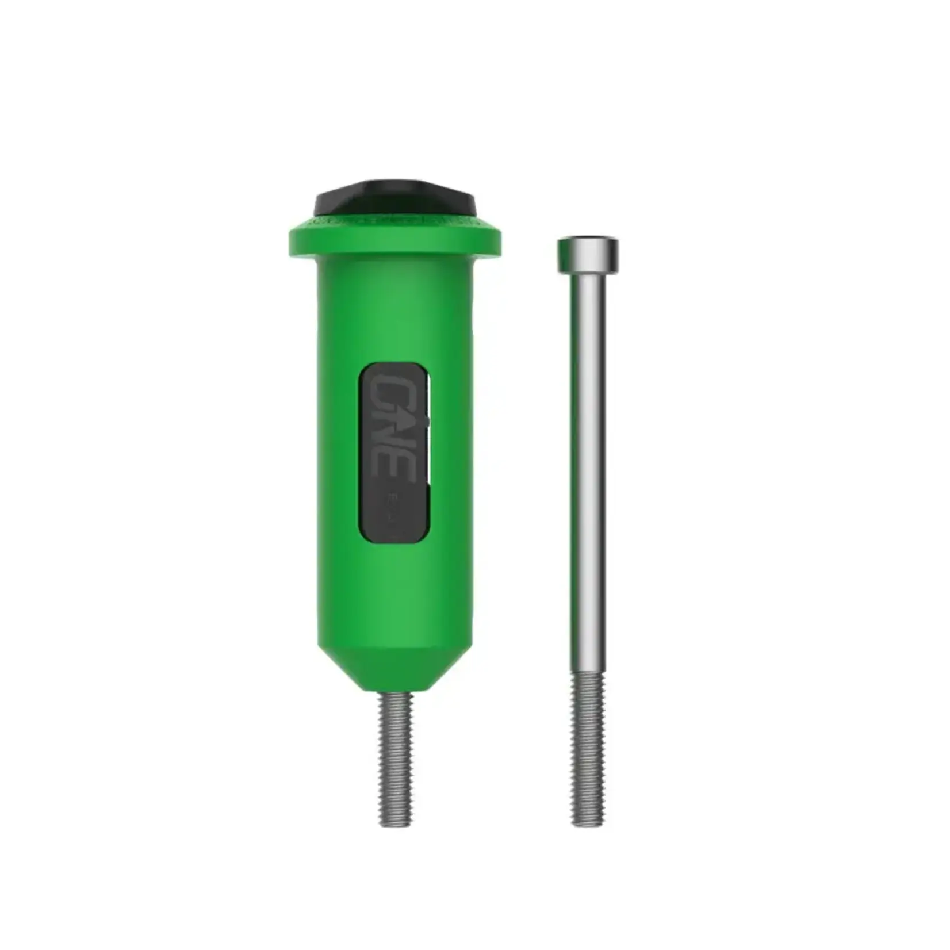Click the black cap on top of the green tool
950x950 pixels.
pyautogui.click(x=395, y=199)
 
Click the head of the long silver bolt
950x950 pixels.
pyautogui.click(x=588, y=255)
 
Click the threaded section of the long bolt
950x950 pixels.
pyautogui.click(x=588, y=742)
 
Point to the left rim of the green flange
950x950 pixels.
pyautogui.click(x=292, y=242)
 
